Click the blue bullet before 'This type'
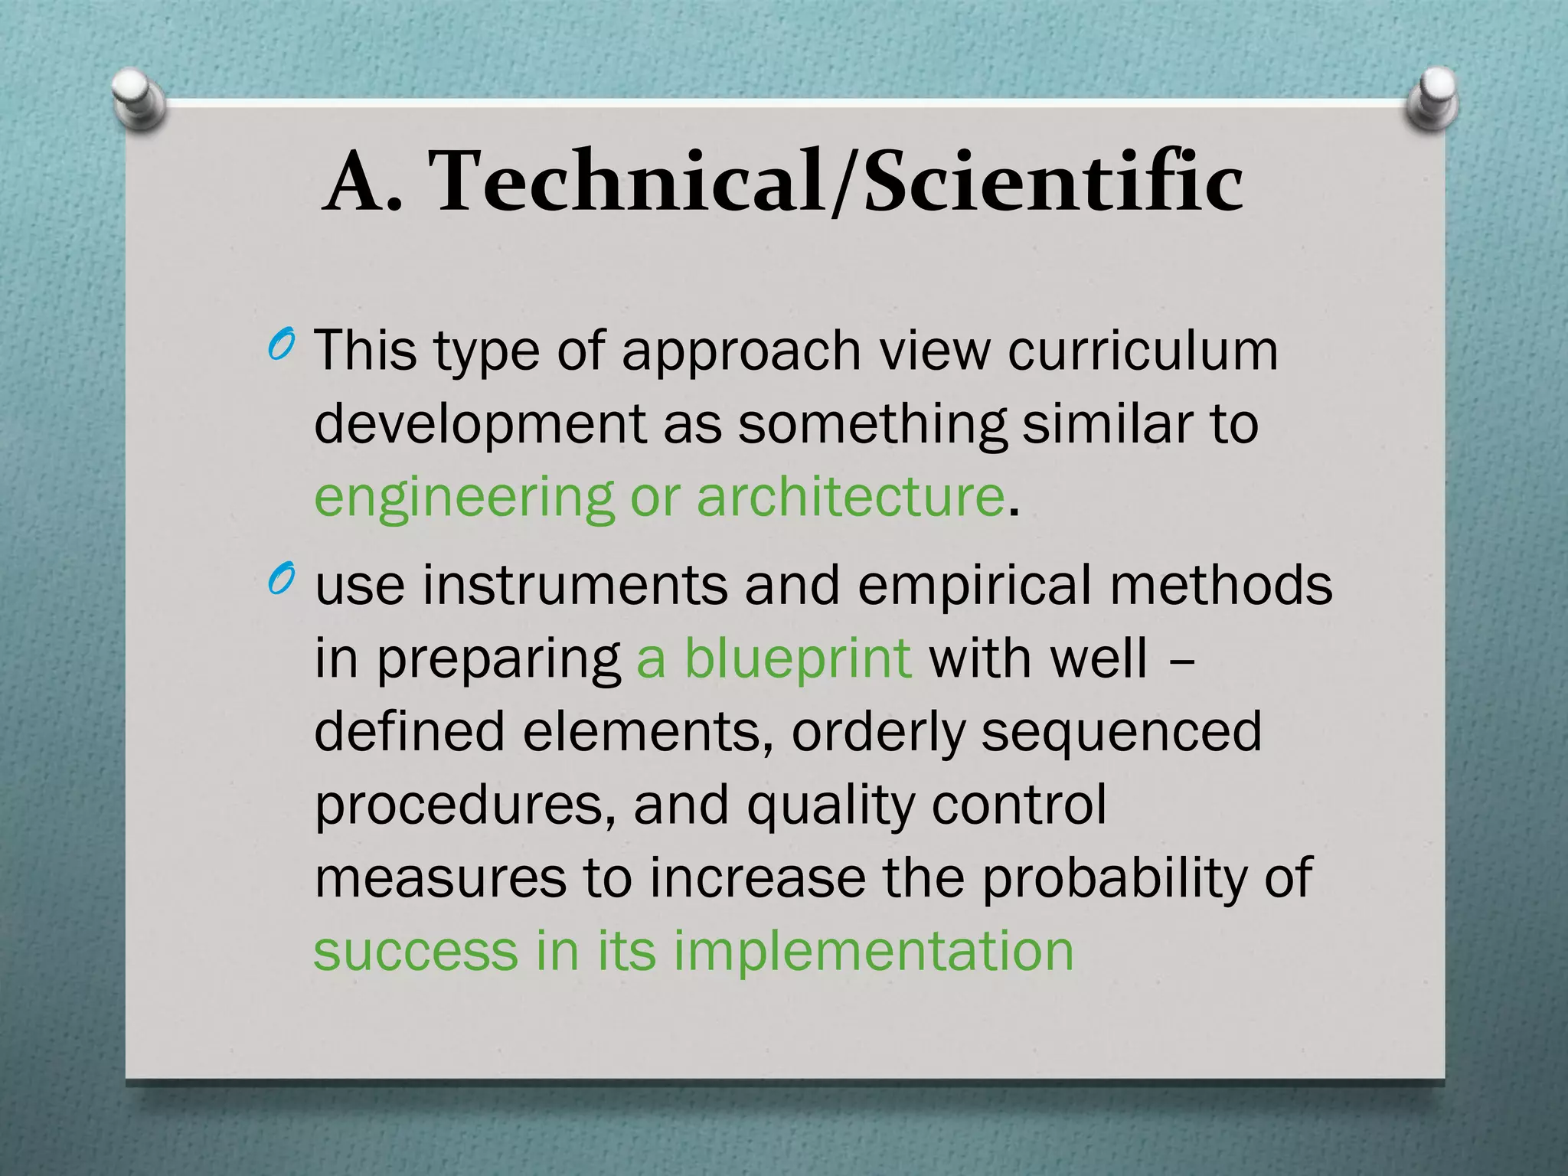click(281, 347)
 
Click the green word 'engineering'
click(464, 498)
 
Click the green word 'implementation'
click(873, 951)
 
